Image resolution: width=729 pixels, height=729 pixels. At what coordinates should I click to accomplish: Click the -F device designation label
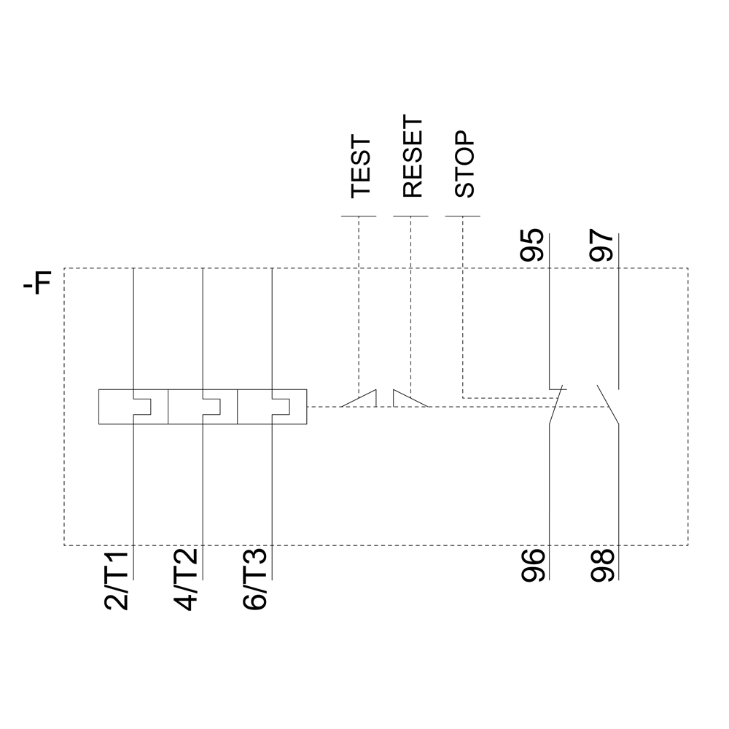pos(36,281)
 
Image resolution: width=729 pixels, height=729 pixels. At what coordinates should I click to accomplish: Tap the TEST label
pos(362,167)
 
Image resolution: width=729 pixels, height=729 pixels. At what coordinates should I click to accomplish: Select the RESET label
pos(413,157)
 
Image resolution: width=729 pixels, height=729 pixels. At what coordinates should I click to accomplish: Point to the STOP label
pos(464,164)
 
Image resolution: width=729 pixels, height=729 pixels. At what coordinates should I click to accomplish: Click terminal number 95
pos(531,245)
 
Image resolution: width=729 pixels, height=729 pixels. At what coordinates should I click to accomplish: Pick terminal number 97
pos(601,245)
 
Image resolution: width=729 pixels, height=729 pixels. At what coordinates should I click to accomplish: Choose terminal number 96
pos(533,566)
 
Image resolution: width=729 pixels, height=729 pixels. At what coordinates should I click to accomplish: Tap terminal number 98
pos(602,566)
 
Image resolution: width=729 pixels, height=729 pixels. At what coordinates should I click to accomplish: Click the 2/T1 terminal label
pos(115,580)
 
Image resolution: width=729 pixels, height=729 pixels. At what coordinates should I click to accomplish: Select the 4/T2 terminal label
pos(185,580)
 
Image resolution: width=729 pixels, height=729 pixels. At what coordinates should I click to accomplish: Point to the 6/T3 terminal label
pos(254,580)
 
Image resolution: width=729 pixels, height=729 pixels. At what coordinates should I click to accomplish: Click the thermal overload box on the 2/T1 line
pos(133,407)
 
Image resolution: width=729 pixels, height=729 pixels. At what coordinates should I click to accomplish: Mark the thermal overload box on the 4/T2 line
pos(203,407)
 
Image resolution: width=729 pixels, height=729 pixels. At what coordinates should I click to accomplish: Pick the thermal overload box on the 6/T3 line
pos(272,407)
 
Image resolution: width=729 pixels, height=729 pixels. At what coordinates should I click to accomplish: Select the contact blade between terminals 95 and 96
pos(556,405)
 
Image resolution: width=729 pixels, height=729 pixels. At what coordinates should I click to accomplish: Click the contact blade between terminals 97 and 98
pos(608,405)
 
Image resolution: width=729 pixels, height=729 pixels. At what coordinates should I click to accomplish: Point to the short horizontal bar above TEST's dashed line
pos(359,216)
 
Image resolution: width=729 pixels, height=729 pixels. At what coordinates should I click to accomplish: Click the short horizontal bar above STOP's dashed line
pos(463,216)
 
